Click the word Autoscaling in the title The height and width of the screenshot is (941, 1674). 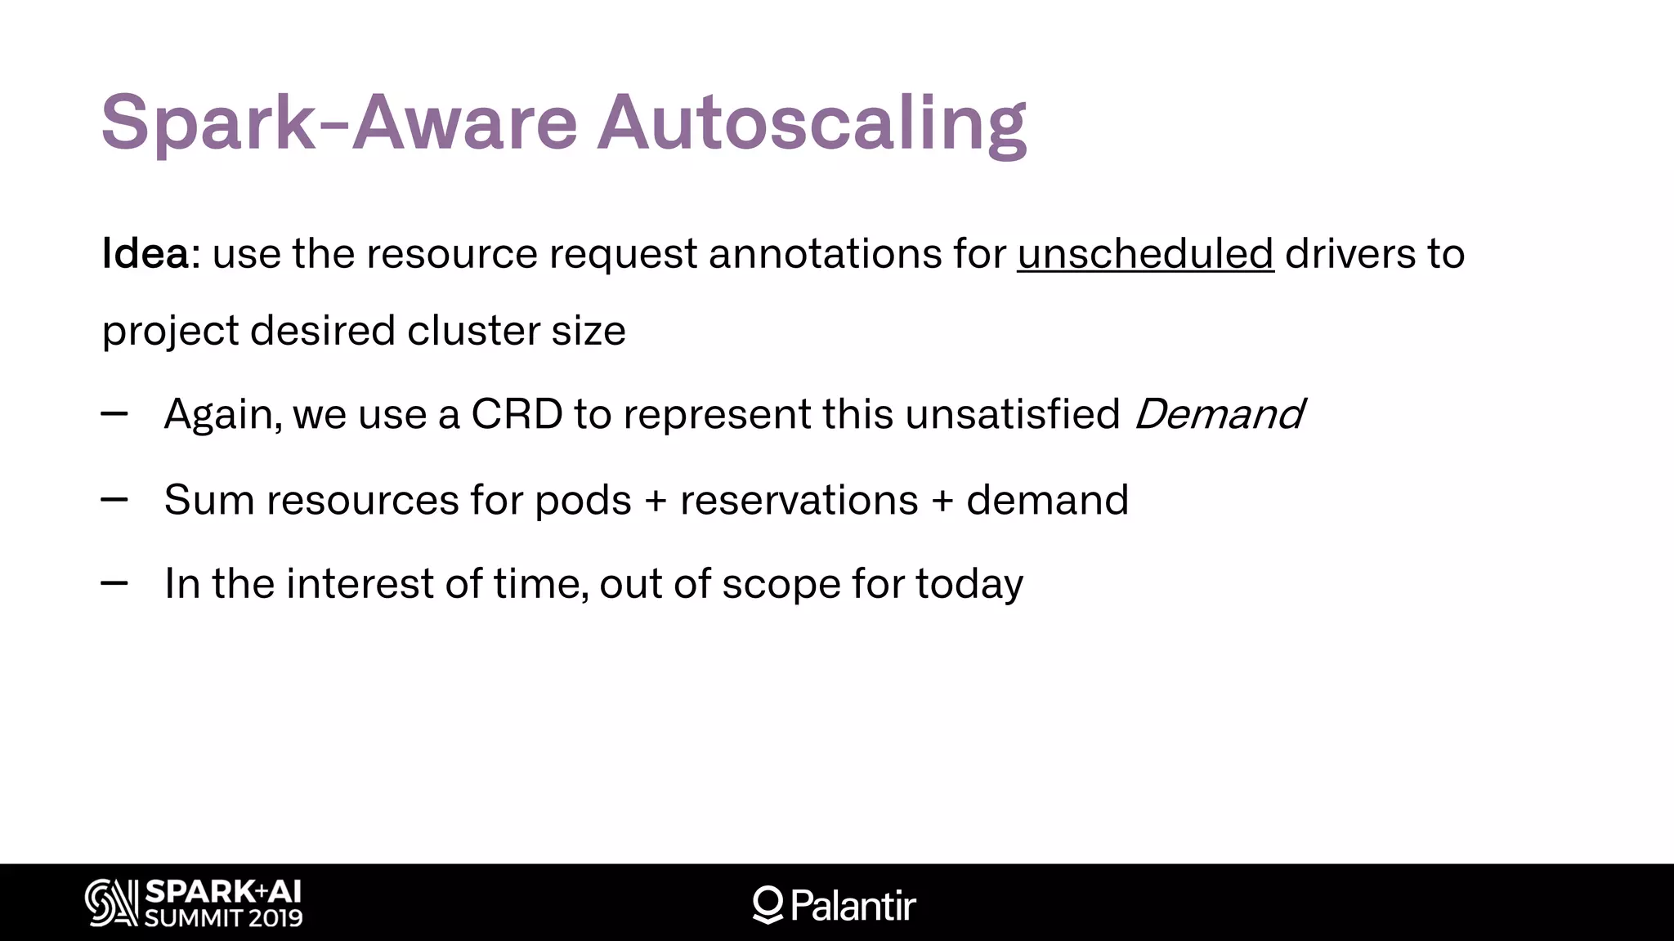point(811,124)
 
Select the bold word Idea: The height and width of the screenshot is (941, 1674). point(151,253)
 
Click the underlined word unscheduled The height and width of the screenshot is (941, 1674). point(1145,253)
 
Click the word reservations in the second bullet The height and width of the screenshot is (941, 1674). point(799,499)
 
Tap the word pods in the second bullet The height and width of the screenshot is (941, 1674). point(583,499)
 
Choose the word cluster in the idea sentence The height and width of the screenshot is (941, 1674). point(473,331)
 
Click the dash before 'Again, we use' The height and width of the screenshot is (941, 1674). point(114,414)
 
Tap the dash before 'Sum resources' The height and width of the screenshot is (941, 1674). point(114,499)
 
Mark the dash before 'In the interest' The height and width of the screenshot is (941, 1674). point(114,583)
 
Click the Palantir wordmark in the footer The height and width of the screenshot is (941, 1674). point(853,905)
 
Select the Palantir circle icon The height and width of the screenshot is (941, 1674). point(768,903)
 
